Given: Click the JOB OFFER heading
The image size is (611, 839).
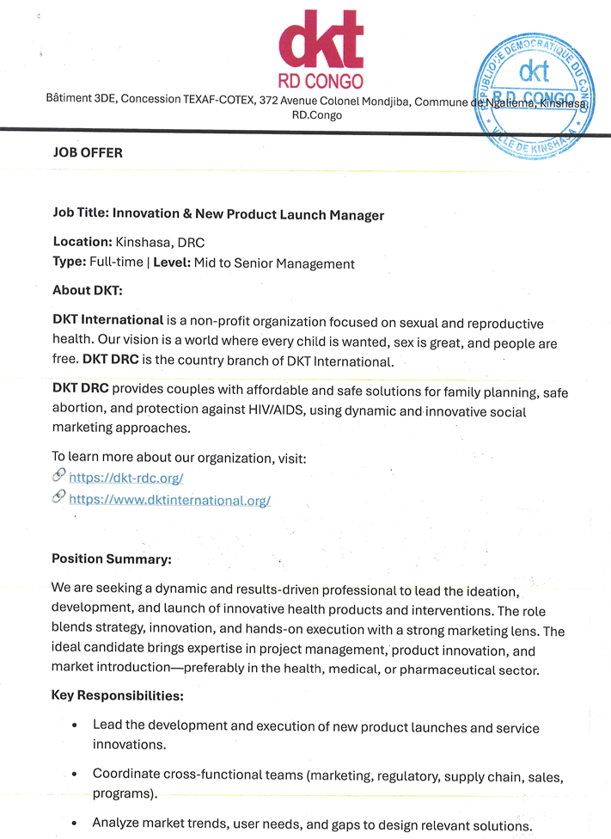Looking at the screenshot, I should coord(88,153).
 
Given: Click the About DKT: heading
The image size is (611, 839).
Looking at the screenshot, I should coord(87,290).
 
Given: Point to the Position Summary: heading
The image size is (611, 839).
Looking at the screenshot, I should coord(112,559).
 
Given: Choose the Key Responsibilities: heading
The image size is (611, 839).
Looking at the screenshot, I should coord(118,694).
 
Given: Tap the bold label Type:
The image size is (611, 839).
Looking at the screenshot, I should coord(70,263).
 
